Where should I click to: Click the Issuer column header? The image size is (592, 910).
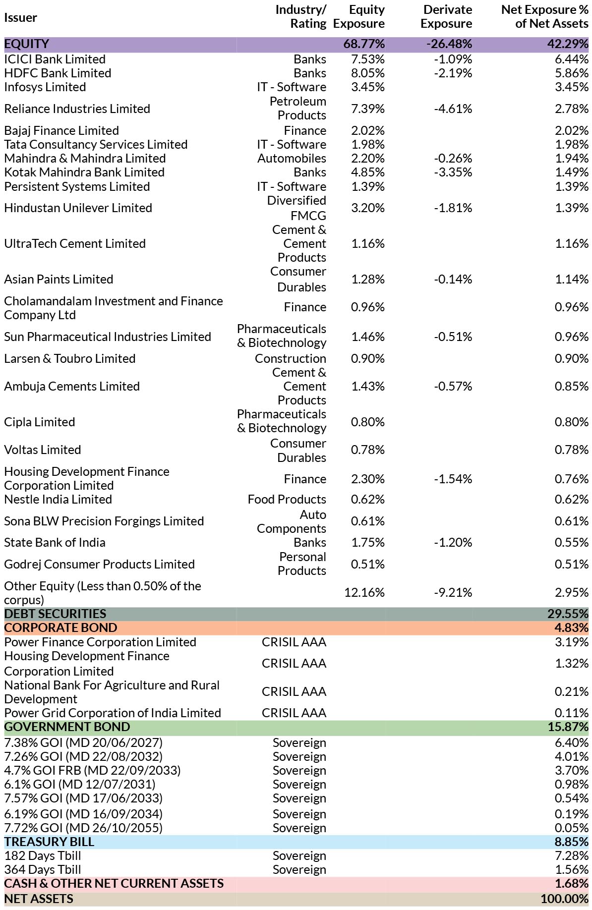coord(20,18)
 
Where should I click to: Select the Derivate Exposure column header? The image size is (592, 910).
coord(446,16)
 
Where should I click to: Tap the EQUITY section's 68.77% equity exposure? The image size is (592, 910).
coord(364,44)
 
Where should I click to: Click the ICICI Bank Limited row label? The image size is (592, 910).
coord(55,59)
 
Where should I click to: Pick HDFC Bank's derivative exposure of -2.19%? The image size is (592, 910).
coord(453,73)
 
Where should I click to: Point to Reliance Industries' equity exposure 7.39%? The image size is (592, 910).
coord(367,109)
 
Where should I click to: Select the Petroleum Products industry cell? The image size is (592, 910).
coord(298,108)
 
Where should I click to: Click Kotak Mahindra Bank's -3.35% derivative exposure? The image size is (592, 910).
coord(453,172)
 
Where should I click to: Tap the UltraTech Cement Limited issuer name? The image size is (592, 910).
coord(75,244)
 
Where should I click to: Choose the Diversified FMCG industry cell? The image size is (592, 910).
coord(296,208)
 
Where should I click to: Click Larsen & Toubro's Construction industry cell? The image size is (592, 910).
coord(291,359)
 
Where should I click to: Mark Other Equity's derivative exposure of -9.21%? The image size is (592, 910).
coord(453,593)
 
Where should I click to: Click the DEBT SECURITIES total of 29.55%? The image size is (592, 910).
coord(568,614)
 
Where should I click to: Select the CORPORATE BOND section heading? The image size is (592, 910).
coord(60,628)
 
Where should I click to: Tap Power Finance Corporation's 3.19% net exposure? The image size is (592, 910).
coord(572,642)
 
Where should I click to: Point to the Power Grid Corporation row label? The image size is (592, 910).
coord(113,713)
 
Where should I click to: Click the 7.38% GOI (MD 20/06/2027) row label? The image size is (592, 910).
coord(83,743)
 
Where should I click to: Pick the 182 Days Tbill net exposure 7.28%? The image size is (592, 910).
coord(572,856)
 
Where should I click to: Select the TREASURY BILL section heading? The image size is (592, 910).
coord(49,842)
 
